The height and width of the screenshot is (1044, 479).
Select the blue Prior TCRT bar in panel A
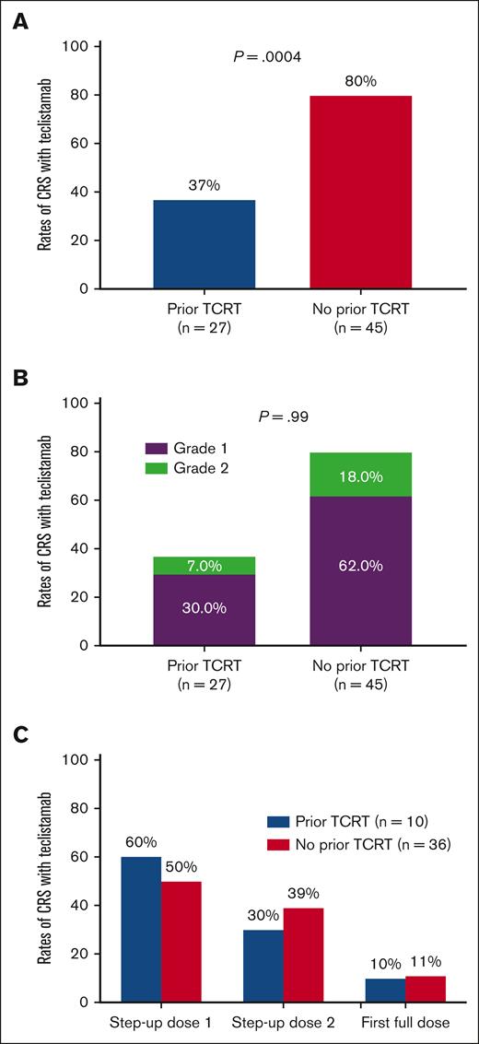(192, 244)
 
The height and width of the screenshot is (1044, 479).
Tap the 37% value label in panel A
(192, 185)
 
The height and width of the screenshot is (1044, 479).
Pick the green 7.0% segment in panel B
(192, 566)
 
